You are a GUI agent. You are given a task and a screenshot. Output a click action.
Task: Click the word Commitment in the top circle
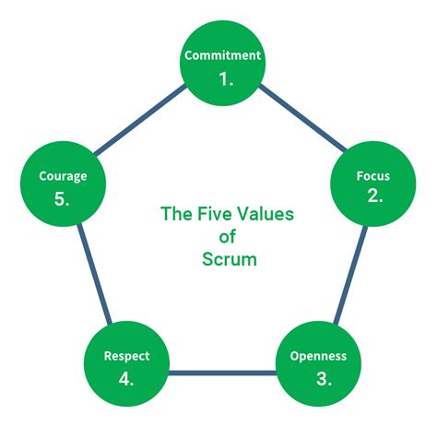click(223, 54)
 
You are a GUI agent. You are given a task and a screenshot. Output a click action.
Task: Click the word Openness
click(317, 356)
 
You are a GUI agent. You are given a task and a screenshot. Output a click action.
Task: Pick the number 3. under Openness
click(317, 378)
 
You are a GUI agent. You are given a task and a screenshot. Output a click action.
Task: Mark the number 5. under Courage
click(62, 198)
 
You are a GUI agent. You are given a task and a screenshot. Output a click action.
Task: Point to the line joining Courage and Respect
click(91, 276)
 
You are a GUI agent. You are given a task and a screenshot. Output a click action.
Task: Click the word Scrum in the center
click(229, 259)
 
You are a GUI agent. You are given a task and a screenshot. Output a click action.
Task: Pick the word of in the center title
click(228, 237)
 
